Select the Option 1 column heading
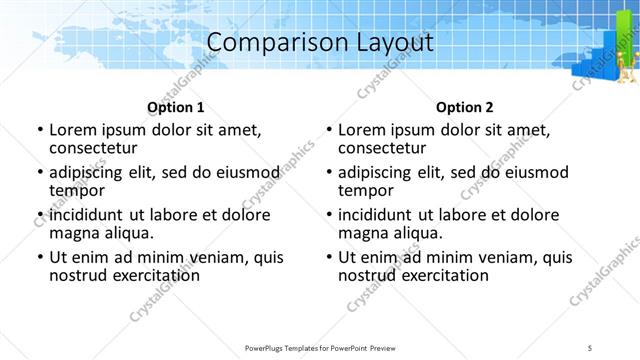[175, 107]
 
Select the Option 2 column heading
[464, 107]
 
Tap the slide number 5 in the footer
[591, 347]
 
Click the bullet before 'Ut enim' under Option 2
[331, 257]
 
